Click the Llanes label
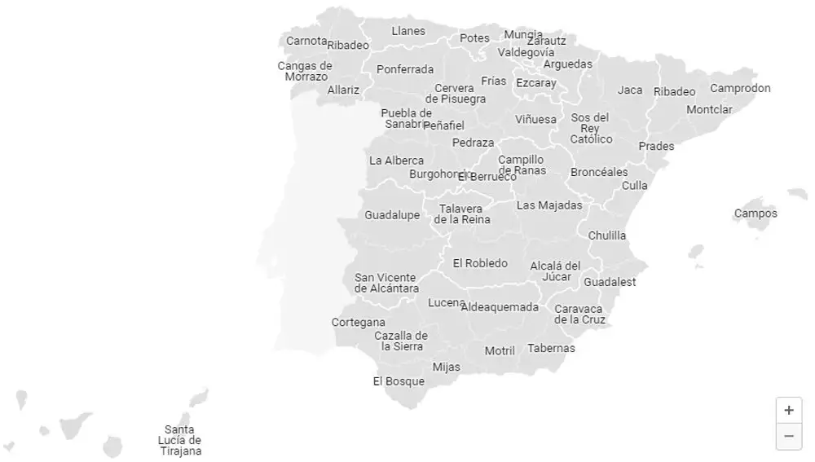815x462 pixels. (x=408, y=31)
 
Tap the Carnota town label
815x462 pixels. (x=306, y=41)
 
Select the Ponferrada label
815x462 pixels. (x=405, y=69)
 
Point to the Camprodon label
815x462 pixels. (x=740, y=88)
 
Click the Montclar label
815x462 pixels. (x=709, y=109)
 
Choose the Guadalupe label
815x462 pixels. (x=392, y=215)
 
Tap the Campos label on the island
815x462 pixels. (x=756, y=213)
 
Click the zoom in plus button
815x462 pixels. (x=788, y=410)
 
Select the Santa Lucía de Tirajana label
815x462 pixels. (x=180, y=440)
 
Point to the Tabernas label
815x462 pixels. (x=551, y=348)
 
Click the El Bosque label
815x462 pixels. (x=399, y=381)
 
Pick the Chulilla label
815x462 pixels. (x=607, y=235)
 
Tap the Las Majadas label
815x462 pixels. (x=549, y=205)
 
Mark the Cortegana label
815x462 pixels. (x=358, y=322)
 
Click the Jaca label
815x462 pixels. (x=630, y=90)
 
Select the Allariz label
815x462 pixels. (x=343, y=90)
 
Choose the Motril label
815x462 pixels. (x=500, y=350)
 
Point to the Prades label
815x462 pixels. (x=656, y=147)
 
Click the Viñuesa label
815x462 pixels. (x=535, y=120)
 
